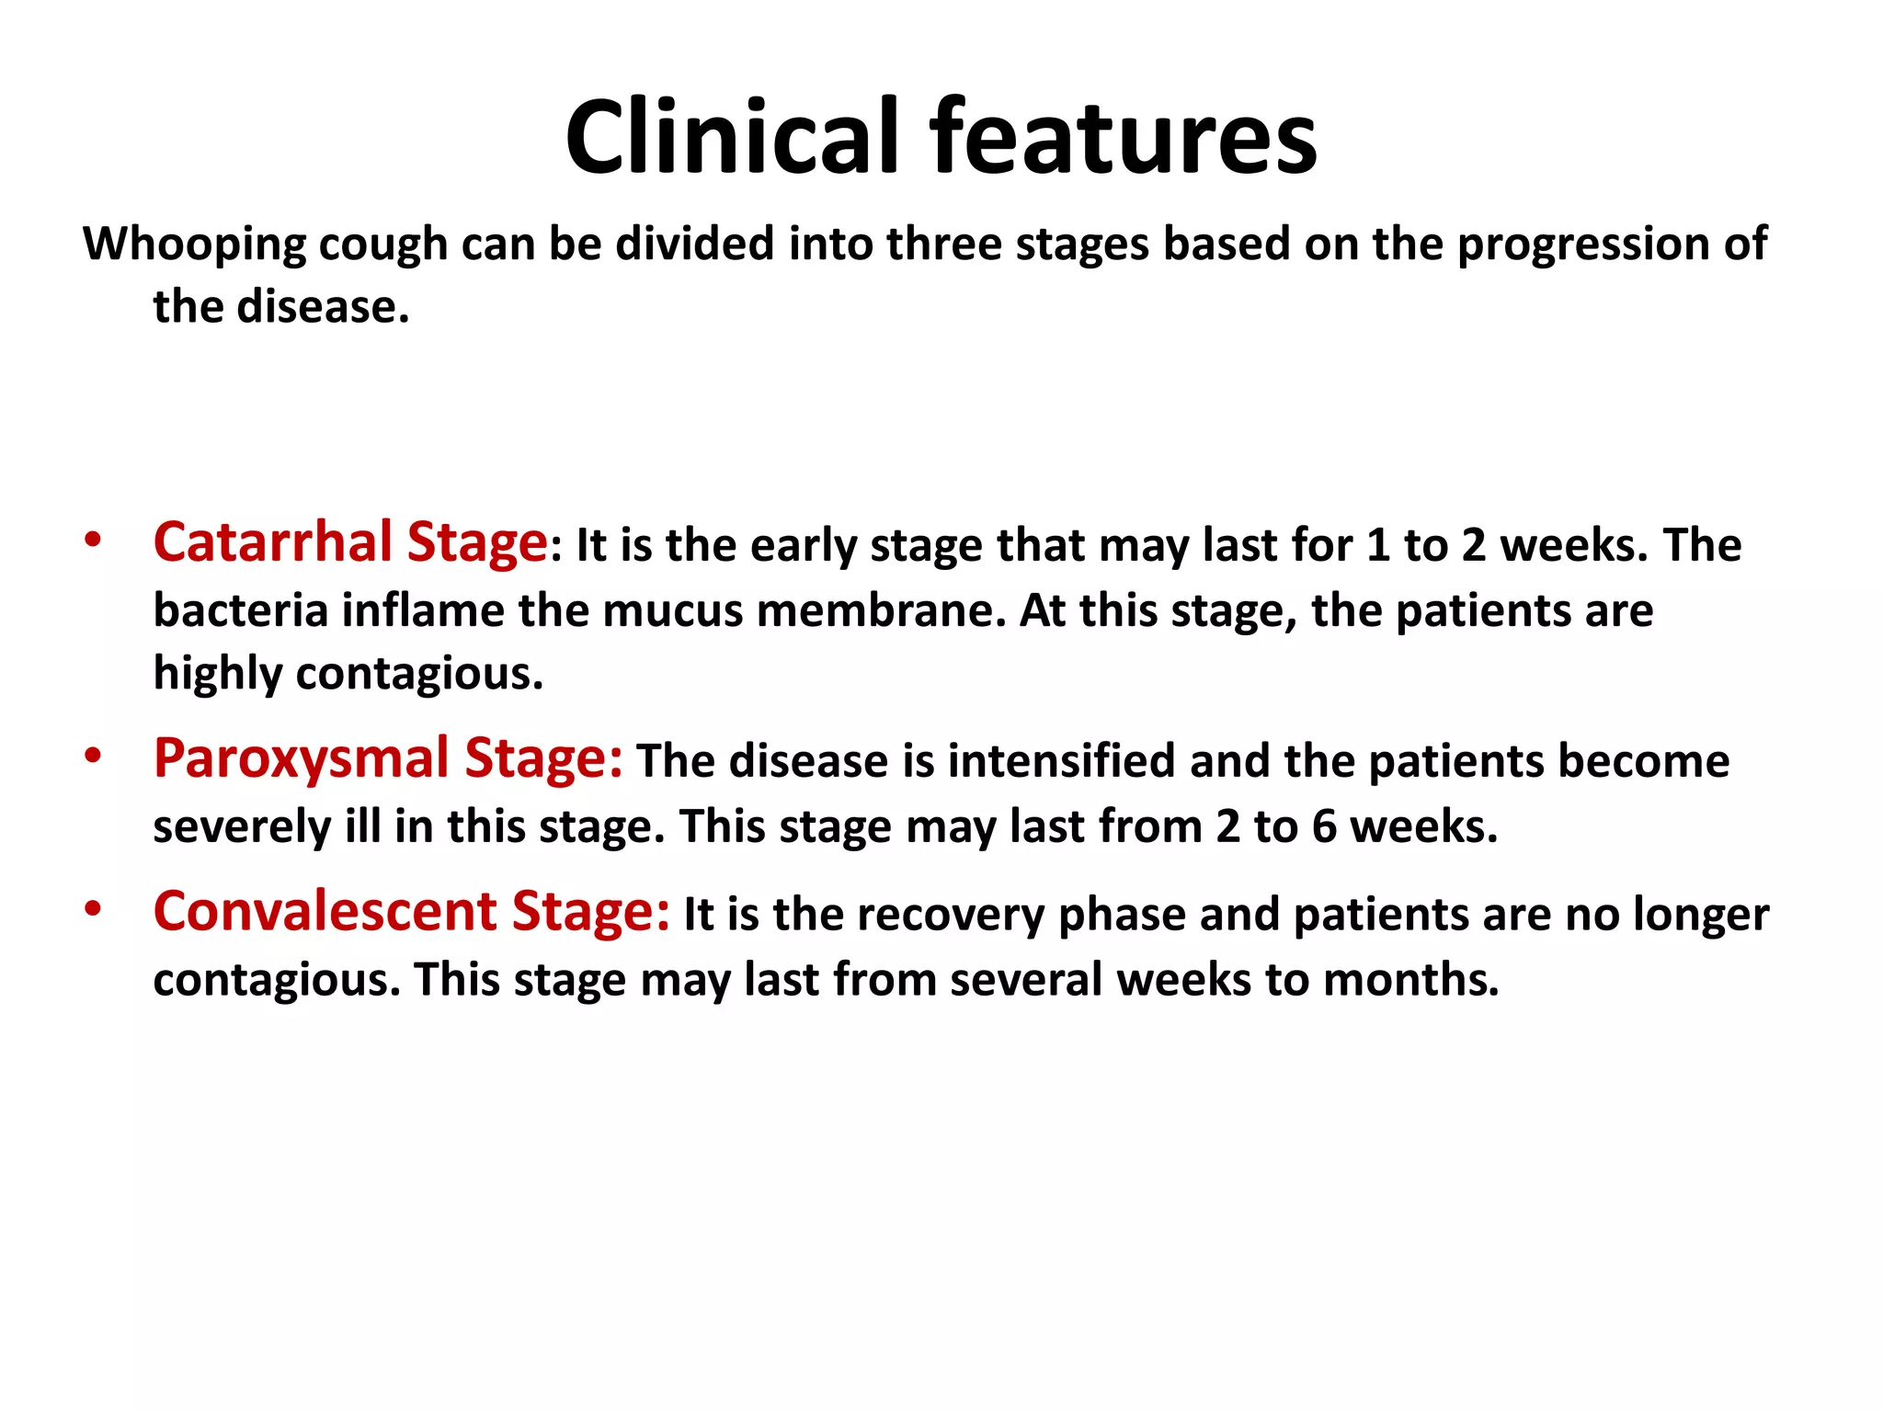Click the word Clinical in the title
click(731, 138)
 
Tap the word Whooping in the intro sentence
click(194, 245)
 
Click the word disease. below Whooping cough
click(323, 306)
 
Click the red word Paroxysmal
click(301, 758)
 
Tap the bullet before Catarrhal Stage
click(92, 540)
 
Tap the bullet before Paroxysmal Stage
click(92, 756)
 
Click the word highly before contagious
click(217, 674)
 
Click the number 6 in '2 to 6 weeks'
click(1324, 826)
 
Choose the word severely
click(241, 826)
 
